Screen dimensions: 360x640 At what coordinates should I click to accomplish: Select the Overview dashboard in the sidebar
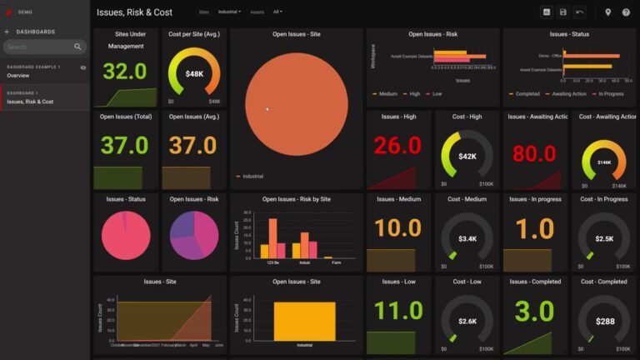18,76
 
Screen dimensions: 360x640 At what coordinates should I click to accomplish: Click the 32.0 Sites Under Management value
125,71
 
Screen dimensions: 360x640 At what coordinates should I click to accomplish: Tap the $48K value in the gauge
194,73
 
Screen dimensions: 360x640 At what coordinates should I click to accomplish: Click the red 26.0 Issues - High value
397,147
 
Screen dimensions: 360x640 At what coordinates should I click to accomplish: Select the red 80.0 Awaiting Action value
534,154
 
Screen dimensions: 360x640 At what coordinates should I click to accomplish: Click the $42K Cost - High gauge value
467,156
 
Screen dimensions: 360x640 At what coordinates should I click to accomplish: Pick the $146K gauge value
604,162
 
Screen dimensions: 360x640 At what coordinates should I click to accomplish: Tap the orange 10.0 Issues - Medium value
397,228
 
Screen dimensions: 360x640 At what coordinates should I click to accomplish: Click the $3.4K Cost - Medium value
467,239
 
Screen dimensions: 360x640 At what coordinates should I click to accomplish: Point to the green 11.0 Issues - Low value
397,311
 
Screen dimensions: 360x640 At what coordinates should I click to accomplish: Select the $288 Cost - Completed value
604,321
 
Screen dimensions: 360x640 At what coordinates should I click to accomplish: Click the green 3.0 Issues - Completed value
534,311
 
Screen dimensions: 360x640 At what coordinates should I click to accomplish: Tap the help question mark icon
626,12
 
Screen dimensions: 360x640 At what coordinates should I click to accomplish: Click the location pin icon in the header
608,12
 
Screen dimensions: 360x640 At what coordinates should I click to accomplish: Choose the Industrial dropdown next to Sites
230,12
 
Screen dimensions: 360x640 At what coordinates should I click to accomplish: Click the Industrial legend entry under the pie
252,177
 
